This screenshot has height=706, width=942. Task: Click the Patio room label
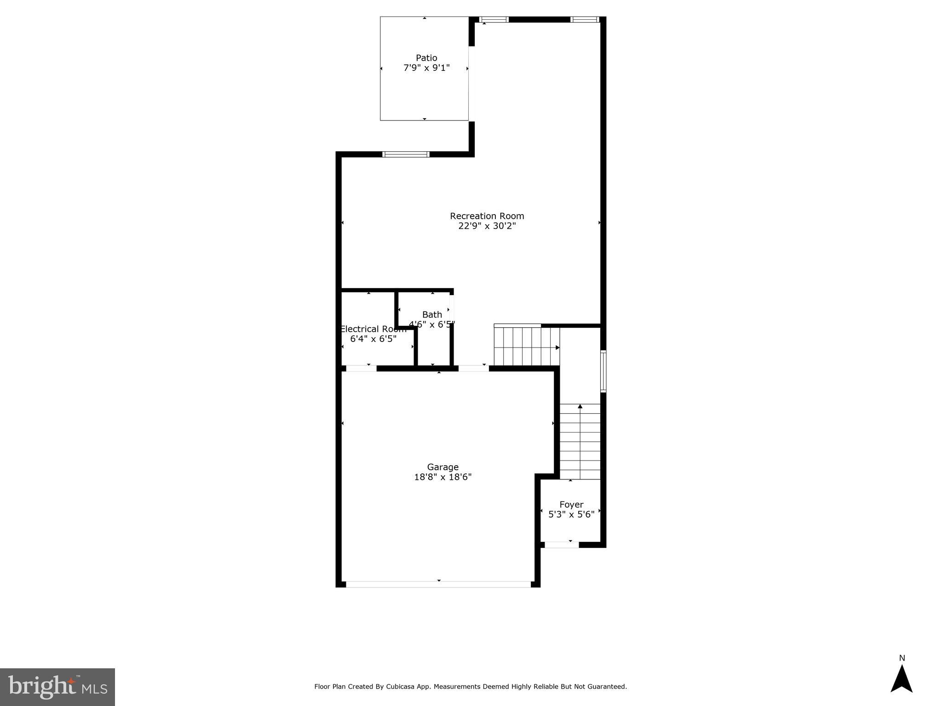[x=426, y=58]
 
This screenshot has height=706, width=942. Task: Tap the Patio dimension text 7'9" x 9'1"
[x=426, y=68]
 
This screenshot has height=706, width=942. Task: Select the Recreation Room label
[x=487, y=216]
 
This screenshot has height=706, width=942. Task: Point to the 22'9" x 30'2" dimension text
[x=487, y=226]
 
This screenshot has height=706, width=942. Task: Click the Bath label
[x=432, y=315]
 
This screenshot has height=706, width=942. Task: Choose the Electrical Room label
[x=373, y=329]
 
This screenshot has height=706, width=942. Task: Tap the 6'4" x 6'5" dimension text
[x=373, y=339]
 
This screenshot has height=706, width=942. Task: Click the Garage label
[x=442, y=467]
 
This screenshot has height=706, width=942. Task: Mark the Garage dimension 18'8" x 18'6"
[x=442, y=478]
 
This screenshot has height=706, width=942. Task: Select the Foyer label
[x=571, y=505]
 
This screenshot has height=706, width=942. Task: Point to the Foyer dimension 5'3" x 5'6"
[x=571, y=515]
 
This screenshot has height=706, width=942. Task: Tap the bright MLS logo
[x=57, y=687]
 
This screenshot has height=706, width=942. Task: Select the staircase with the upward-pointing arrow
[x=580, y=441]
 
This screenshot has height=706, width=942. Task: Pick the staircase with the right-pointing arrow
[x=527, y=346]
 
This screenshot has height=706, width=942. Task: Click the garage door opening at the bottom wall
[x=438, y=585]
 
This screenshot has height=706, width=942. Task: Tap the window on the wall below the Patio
[x=406, y=154]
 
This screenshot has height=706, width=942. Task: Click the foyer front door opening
[x=562, y=545]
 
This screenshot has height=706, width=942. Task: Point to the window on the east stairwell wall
[x=603, y=371]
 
